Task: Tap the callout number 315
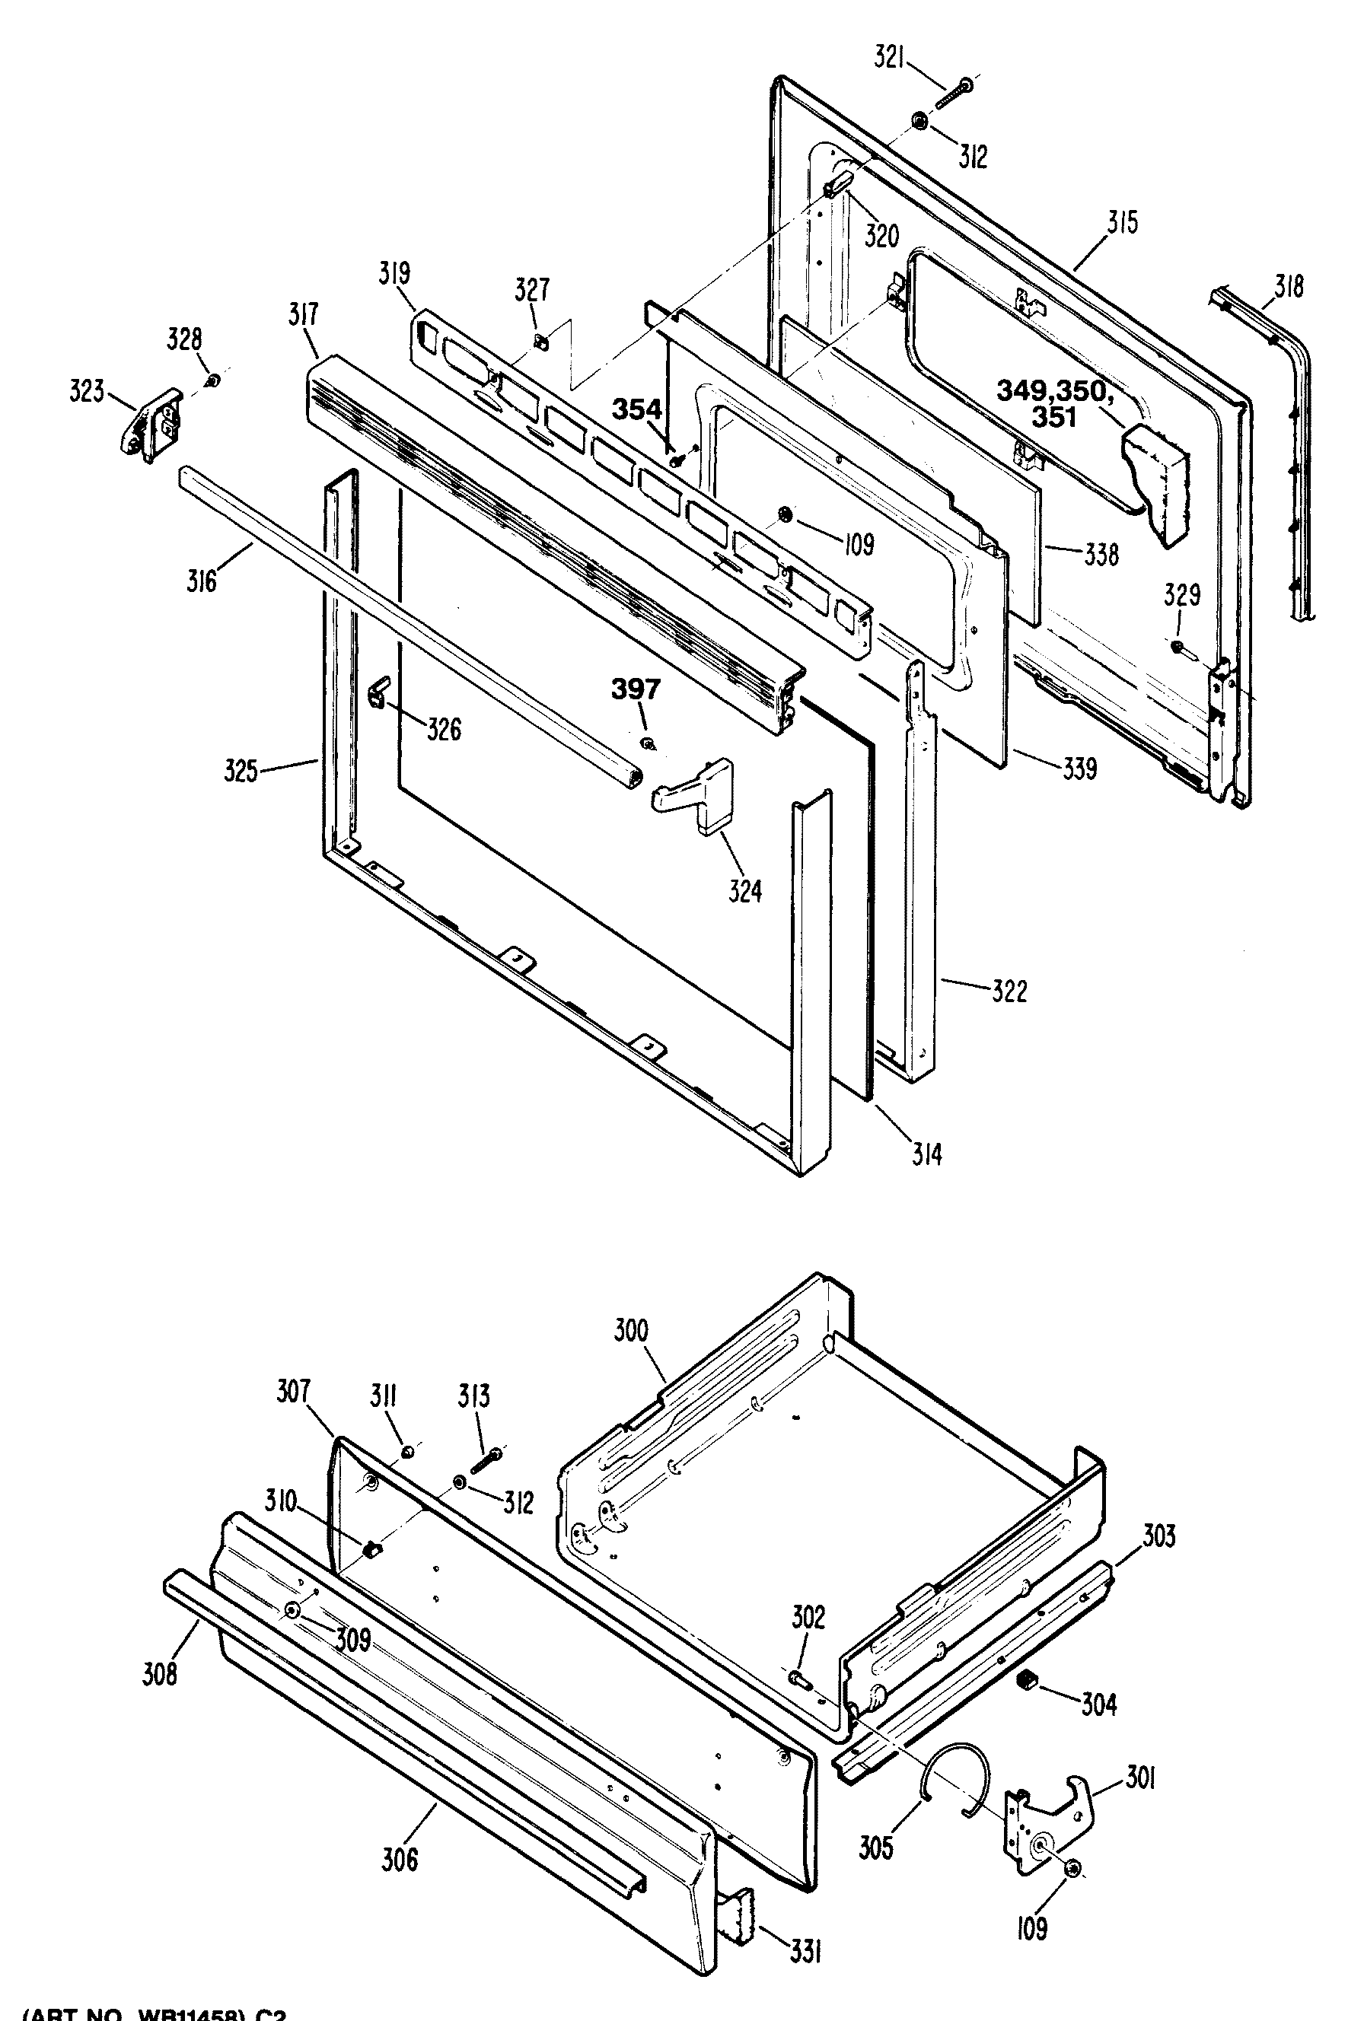[1122, 223]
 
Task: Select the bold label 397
[635, 689]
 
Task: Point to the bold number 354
[637, 409]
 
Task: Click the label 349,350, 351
[1054, 404]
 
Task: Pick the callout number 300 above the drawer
[631, 1331]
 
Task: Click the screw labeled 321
[954, 93]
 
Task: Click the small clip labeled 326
[378, 694]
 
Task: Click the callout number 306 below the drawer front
[400, 1860]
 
